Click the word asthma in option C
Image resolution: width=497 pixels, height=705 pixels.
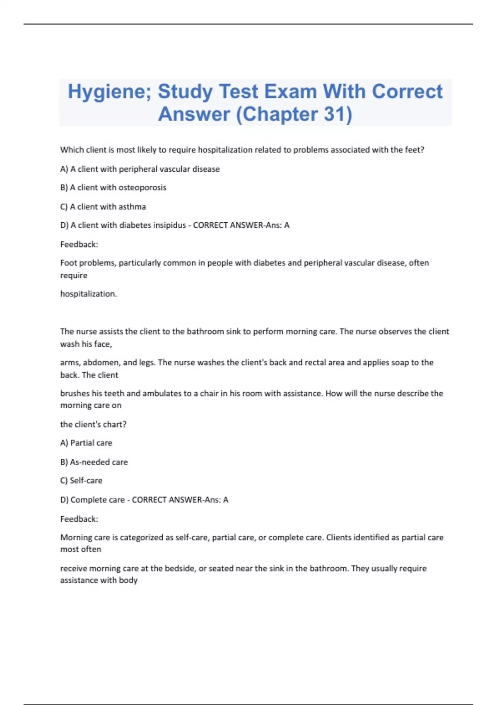point(132,207)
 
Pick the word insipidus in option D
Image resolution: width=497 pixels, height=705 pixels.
point(167,225)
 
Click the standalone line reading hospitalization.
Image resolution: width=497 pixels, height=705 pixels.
point(89,294)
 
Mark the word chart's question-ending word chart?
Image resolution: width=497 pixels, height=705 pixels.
point(116,424)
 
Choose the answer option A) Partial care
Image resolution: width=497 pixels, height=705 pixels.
point(86,443)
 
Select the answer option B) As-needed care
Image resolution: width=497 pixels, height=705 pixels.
point(94,462)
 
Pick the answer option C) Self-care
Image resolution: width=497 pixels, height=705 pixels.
point(81,481)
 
